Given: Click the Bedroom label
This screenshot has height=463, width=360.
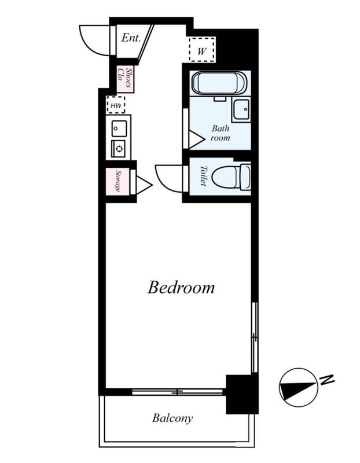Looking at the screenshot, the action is click(x=181, y=287).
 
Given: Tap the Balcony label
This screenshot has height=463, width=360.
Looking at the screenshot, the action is click(x=172, y=418).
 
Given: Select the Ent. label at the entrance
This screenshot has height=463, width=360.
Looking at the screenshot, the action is click(x=131, y=38).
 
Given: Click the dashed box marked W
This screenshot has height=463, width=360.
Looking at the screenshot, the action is click(x=202, y=49).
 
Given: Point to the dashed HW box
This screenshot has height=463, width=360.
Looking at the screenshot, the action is click(x=116, y=105).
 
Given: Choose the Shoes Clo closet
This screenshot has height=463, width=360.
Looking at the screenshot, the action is click(x=124, y=79).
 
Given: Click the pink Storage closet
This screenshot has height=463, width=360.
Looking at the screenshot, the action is click(x=118, y=181).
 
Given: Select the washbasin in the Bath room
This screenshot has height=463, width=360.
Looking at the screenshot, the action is click(x=241, y=110).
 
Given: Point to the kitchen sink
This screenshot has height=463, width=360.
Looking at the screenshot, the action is click(x=119, y=128).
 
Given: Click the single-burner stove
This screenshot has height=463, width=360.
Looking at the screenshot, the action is click(x=119, y=149).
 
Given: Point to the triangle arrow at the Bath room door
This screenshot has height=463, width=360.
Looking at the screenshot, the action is click(x=197, y=139).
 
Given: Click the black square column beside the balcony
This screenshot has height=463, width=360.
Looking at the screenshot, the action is click(x=242, y=394).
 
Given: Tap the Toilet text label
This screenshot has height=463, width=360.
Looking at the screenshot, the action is click(x=204, y=176).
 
